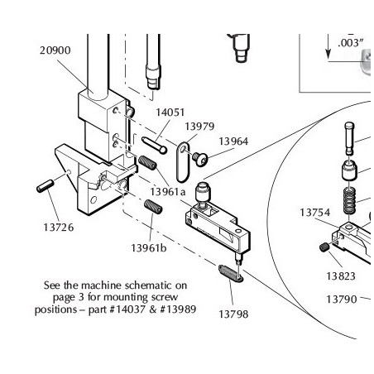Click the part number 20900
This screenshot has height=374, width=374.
(x=55, y=50)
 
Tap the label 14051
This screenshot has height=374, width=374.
(x=170, y=113)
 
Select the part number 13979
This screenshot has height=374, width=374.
(x=199, y=127)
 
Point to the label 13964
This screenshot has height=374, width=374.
(x=233, y=141)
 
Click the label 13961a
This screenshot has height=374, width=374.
(x=168, y=191)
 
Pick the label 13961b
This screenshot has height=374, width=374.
(x=149, y=248)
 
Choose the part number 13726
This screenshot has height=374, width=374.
(x=59, y=228)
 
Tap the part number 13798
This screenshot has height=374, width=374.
(x=233, y=314)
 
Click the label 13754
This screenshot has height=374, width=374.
(x=314, y=213)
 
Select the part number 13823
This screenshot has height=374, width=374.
(x=341, y=276)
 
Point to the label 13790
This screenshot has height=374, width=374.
(x=342, y=299)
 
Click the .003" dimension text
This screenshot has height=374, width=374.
(x=351, y=43)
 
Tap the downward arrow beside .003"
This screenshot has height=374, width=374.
(x=328, y=46)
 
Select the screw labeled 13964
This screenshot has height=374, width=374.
(x=200, y=160)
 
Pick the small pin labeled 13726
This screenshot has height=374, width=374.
(x=45, y=186)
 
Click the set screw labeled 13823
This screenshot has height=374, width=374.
(x=324, y=247)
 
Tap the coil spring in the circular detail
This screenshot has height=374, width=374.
(x=349, y=200)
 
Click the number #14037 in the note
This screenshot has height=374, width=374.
(x=127, y=309)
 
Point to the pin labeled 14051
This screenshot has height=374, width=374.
(x=154, y=146)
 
